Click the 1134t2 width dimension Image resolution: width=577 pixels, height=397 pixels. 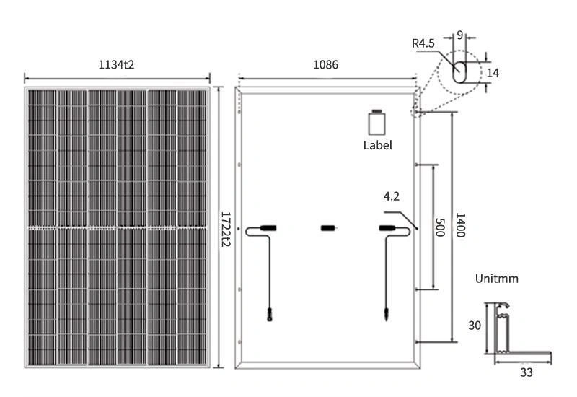pyautogui.click(x=117, y=65)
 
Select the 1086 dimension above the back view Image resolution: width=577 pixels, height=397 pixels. pyautogui.click(x=325, y=65)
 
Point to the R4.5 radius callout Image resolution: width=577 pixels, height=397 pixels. pyautogui.click(x=423, y=44)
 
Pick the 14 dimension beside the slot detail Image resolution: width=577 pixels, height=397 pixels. pyautogui.click(x=493, y=72)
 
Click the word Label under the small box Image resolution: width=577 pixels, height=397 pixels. pyautogui.click(x=378, y=145)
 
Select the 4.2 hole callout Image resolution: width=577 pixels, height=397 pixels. pyautogui.click(x=392, y=196)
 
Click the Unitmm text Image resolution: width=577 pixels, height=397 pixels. pyautogui.click(x=497, y=279)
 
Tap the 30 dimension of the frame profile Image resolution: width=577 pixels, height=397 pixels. pyautogui.click(x=475, y=326)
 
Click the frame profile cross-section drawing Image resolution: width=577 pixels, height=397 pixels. pyautogui.click(x=505, y=332)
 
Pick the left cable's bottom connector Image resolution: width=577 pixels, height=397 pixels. pyautogui.click(x=269, y=315)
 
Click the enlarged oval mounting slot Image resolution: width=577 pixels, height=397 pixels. pyautogui.click(x=459, y=71)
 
